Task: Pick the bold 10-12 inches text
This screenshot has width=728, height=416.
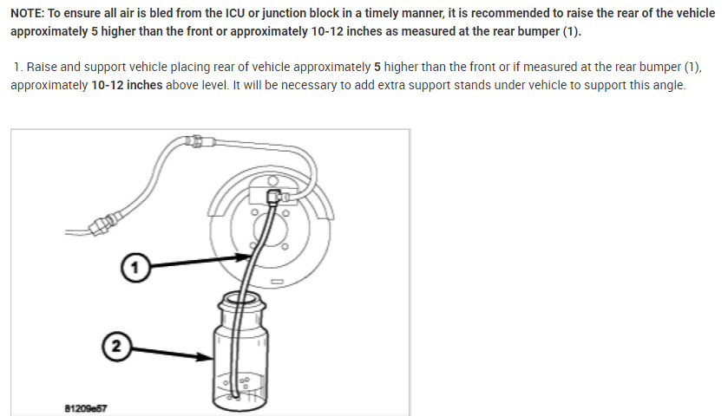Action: (127, 86)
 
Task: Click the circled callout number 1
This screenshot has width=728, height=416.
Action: (133, 268)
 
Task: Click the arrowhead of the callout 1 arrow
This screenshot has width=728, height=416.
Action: (246, 257)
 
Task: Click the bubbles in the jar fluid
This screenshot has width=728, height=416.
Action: (245, 380)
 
